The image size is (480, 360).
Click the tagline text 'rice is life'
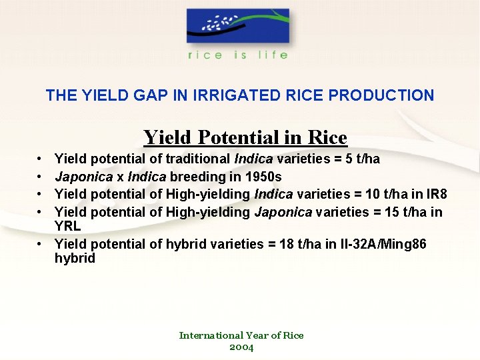(238, 55)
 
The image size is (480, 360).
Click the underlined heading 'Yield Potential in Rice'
(245, 137)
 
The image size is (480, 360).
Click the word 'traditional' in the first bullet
(198, 159)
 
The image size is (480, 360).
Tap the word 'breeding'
(197, 177)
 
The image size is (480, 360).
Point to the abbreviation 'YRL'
(67, 225)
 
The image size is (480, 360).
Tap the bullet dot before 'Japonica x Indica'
(40, 177)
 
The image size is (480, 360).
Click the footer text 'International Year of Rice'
(241, 335)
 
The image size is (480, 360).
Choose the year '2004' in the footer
(241, 347)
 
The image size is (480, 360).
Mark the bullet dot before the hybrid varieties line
(40, 245)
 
